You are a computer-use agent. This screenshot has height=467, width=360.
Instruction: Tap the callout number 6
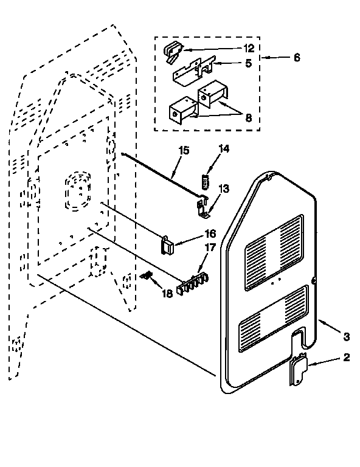tap(296, 58)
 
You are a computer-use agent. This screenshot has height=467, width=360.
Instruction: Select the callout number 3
tap(345, 336)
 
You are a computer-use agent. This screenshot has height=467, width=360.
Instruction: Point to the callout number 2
tap(345, 357)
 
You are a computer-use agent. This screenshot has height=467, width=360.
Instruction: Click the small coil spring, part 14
tap(206, 181)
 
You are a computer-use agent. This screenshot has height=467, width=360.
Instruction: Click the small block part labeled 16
tap(167, 244)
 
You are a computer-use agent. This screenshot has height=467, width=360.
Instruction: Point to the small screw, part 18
tap(146, 275)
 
